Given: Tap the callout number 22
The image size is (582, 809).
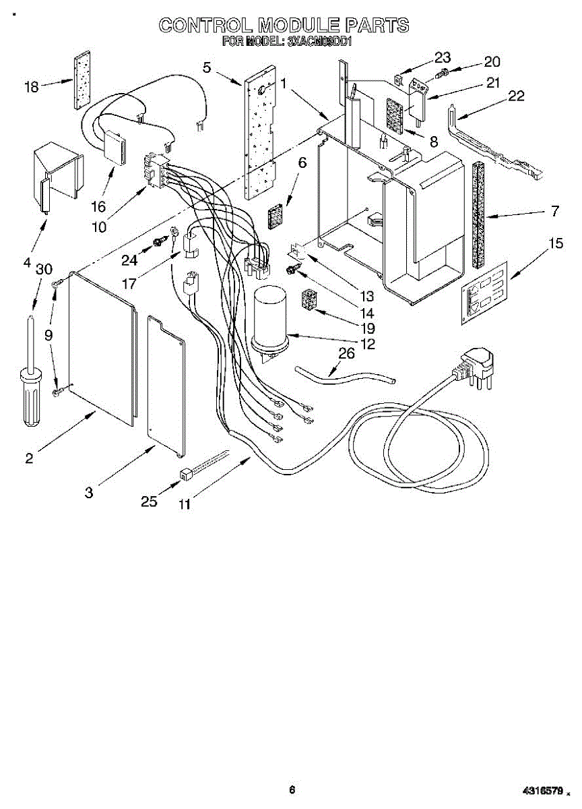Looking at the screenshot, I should point(515,96).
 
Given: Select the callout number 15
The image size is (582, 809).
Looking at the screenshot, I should point(555,243).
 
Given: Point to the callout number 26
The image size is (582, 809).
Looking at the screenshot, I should point(346,353).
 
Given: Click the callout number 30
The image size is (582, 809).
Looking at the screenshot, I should point(44,268).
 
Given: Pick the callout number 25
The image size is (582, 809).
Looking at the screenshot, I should point(149,501).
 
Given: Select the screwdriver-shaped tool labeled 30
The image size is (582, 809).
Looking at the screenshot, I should point(30,371).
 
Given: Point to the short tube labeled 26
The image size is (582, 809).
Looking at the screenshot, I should point(344,376).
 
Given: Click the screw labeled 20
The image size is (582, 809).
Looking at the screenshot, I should point(444,71).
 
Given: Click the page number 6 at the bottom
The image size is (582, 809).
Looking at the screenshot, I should point(292,789).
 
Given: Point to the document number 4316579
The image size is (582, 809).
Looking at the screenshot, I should point(542,789).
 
